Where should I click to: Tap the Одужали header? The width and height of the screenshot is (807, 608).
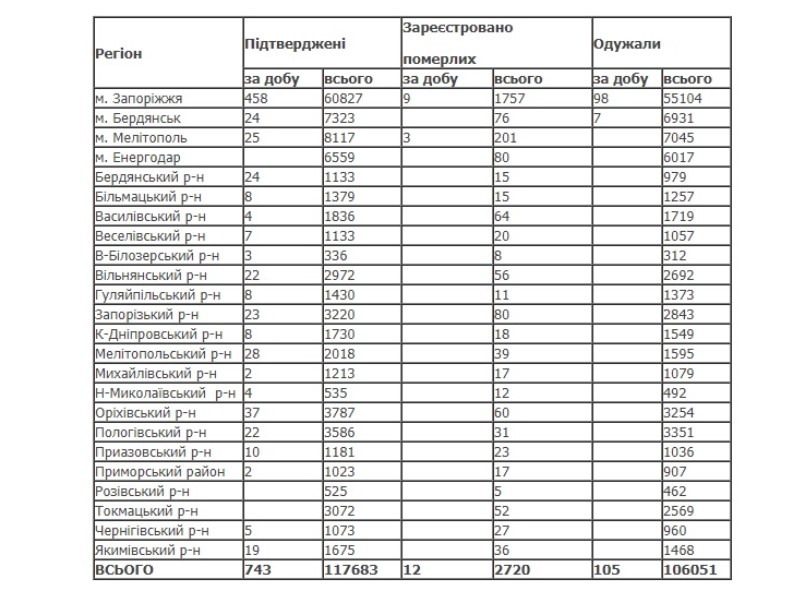[x=626, y=45]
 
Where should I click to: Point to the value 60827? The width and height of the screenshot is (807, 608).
[x=345, y=99]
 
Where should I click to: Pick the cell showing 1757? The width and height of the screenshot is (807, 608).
[x=512, y=99]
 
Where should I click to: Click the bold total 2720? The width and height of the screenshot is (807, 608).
[x=513, y=570]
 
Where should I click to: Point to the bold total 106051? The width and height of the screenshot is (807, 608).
[x=691, y=570]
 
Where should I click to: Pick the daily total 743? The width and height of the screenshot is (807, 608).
[x=258, y=570]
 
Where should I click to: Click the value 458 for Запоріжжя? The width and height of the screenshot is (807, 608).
[x=257, y=99]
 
